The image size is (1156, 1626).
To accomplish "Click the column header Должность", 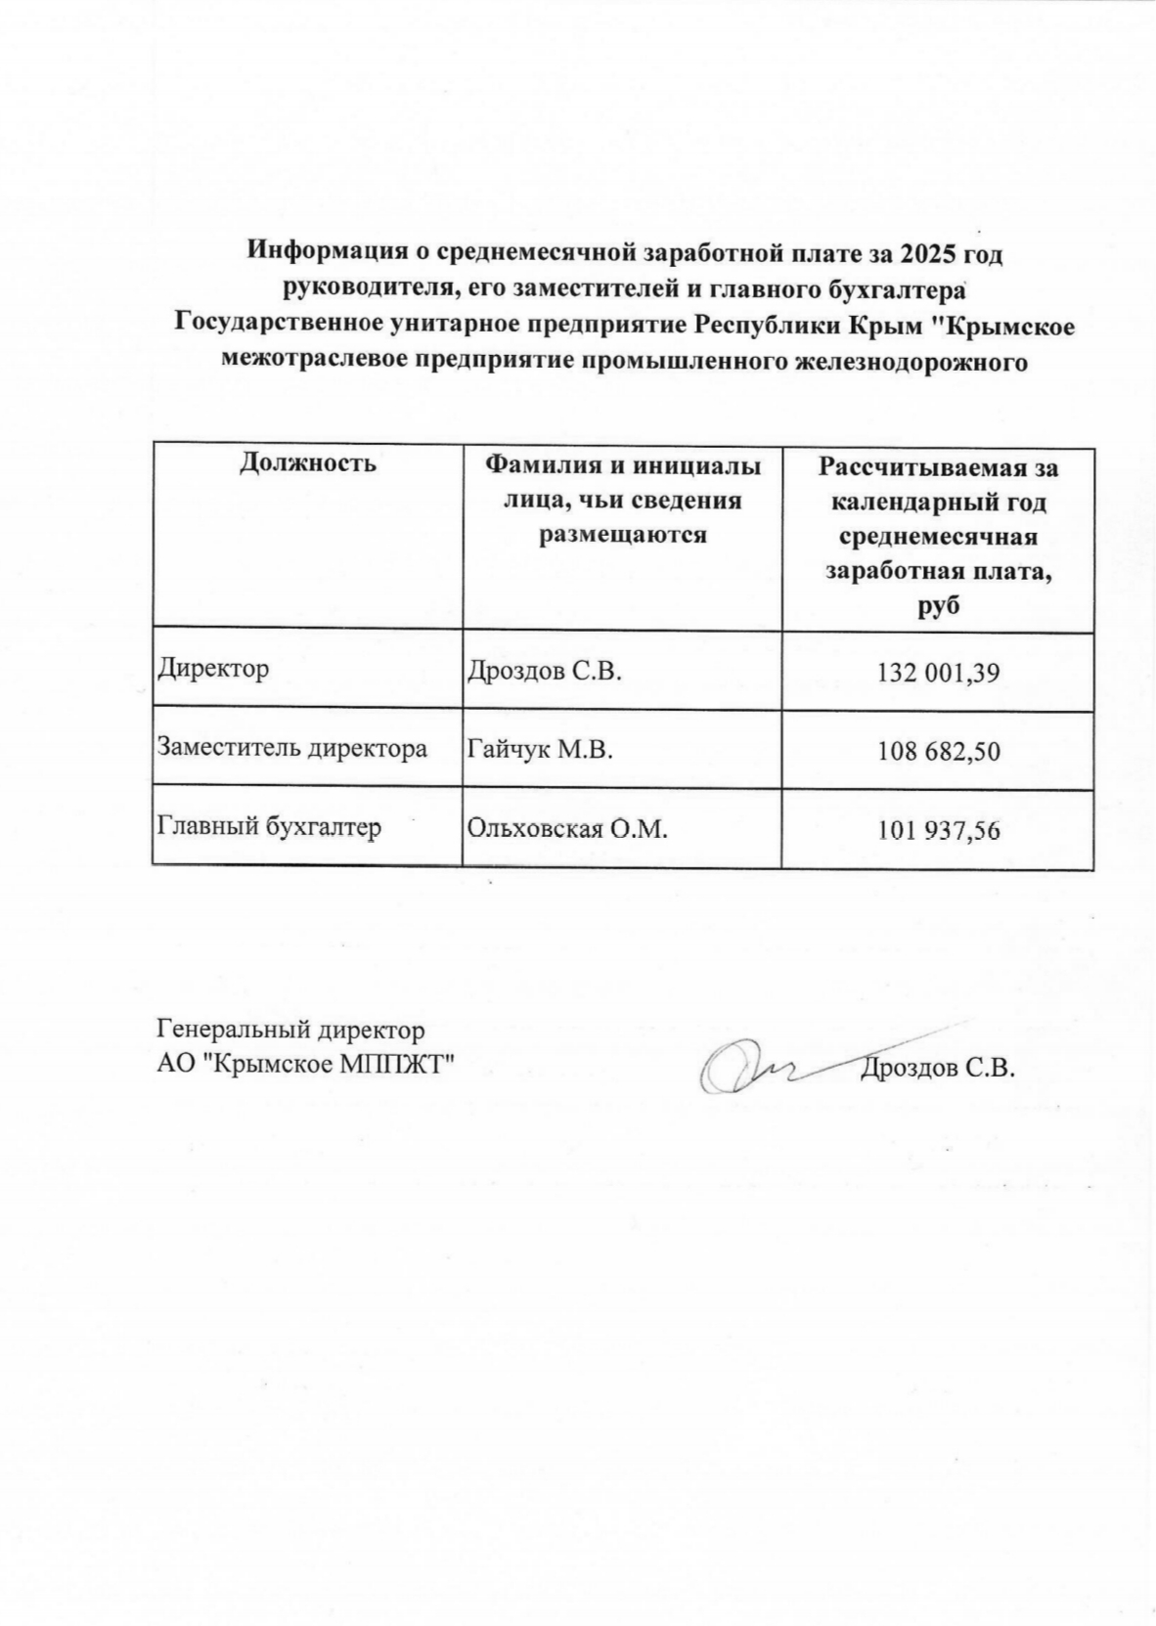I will (x=307, y=462).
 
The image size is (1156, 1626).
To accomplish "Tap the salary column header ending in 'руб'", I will (x=938, y=536).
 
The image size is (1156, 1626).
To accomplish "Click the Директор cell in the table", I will (x=213, y=670).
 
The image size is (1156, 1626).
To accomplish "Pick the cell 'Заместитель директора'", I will (x=292, y=749).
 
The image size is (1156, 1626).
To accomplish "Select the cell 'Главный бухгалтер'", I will (x=269, y=827).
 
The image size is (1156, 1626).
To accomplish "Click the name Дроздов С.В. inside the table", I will (x=545, y=672).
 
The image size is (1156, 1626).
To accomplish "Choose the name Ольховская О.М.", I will (x=567, y=829).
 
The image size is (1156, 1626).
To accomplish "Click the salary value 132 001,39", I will (x=938, y=673).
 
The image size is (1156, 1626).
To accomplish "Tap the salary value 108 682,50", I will (x=938, y=752).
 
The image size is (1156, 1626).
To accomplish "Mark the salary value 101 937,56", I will (x=938, y=830).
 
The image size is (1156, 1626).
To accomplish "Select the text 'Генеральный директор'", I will (x=290, y=1030).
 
